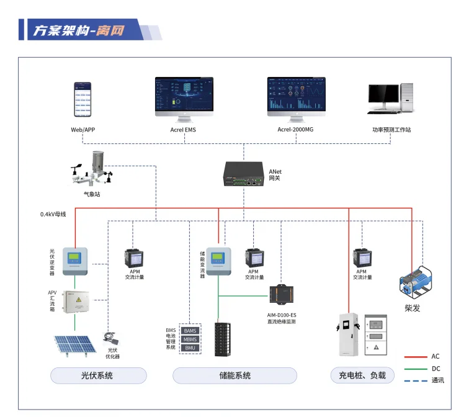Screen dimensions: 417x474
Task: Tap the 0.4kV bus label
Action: (x=53, y=214)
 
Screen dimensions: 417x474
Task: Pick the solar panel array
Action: (x=73, y=348)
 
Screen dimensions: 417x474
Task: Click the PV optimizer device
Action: (x=112, y=338)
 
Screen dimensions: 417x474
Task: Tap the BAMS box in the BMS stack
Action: (x=190, y=331)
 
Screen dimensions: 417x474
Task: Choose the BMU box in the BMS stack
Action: (x=190, y=348)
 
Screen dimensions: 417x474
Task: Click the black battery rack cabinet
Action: (x=223, y=339)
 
